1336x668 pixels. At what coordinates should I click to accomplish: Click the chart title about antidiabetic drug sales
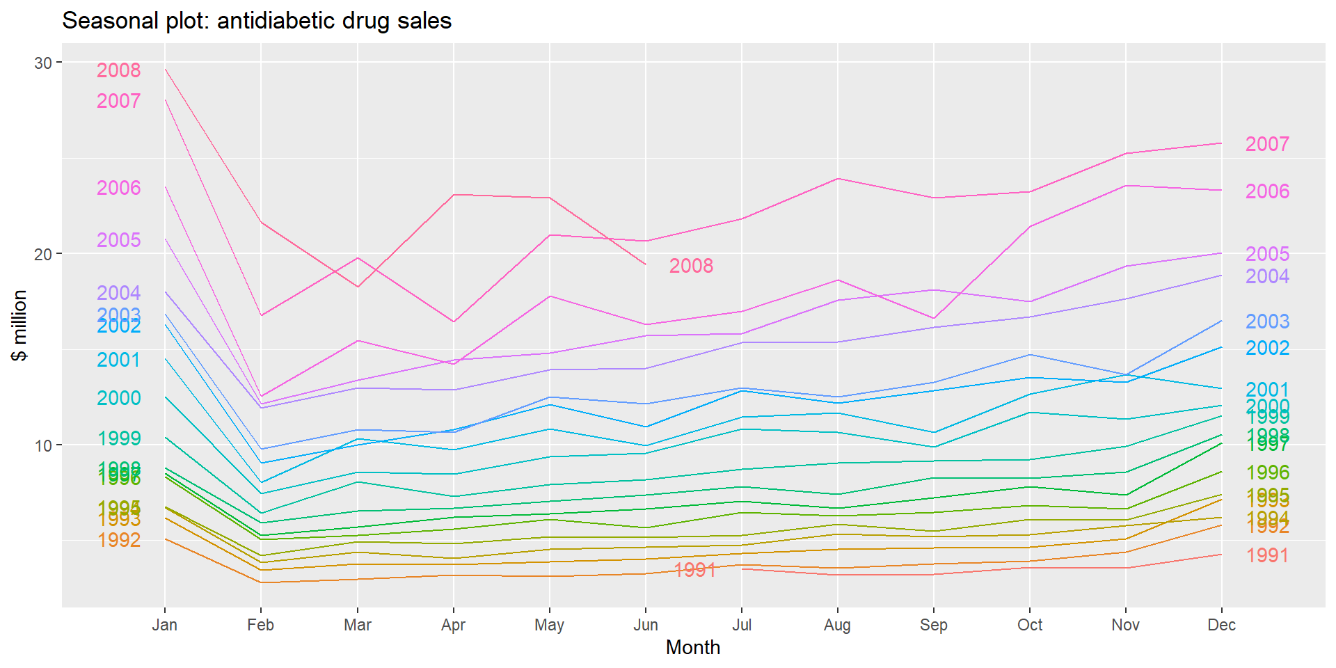point(257,21)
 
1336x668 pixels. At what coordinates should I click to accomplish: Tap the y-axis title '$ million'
point(19,326)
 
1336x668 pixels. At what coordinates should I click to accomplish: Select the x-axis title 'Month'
point(692,647)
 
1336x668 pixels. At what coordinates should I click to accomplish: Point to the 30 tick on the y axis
point(43,63)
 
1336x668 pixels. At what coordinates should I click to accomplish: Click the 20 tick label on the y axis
point(43,254)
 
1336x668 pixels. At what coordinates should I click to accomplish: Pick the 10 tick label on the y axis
point(43,445)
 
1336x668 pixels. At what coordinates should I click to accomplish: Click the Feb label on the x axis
point(261,625)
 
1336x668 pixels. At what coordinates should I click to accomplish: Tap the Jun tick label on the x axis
point(646,625)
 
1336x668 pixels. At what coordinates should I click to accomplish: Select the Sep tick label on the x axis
point(934,625)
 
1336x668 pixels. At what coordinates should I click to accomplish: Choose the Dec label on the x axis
point(1222,625)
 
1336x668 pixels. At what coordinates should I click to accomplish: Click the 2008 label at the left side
point(118,70)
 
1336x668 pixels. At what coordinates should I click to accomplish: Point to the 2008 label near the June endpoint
point(691,266)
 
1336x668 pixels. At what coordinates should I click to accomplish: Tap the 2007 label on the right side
point(1267,144)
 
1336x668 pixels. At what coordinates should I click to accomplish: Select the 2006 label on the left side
point(118,188)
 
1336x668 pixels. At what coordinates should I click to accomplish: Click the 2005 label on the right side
point(1267,254)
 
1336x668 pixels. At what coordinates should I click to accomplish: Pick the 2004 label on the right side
point(1267,276)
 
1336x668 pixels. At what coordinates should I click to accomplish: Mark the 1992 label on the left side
point(118,540)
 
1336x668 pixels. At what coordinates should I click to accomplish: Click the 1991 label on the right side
point(1267,555)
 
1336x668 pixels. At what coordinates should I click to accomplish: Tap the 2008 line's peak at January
point(165,69)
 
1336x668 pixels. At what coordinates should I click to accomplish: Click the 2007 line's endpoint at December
point(1222,143)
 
